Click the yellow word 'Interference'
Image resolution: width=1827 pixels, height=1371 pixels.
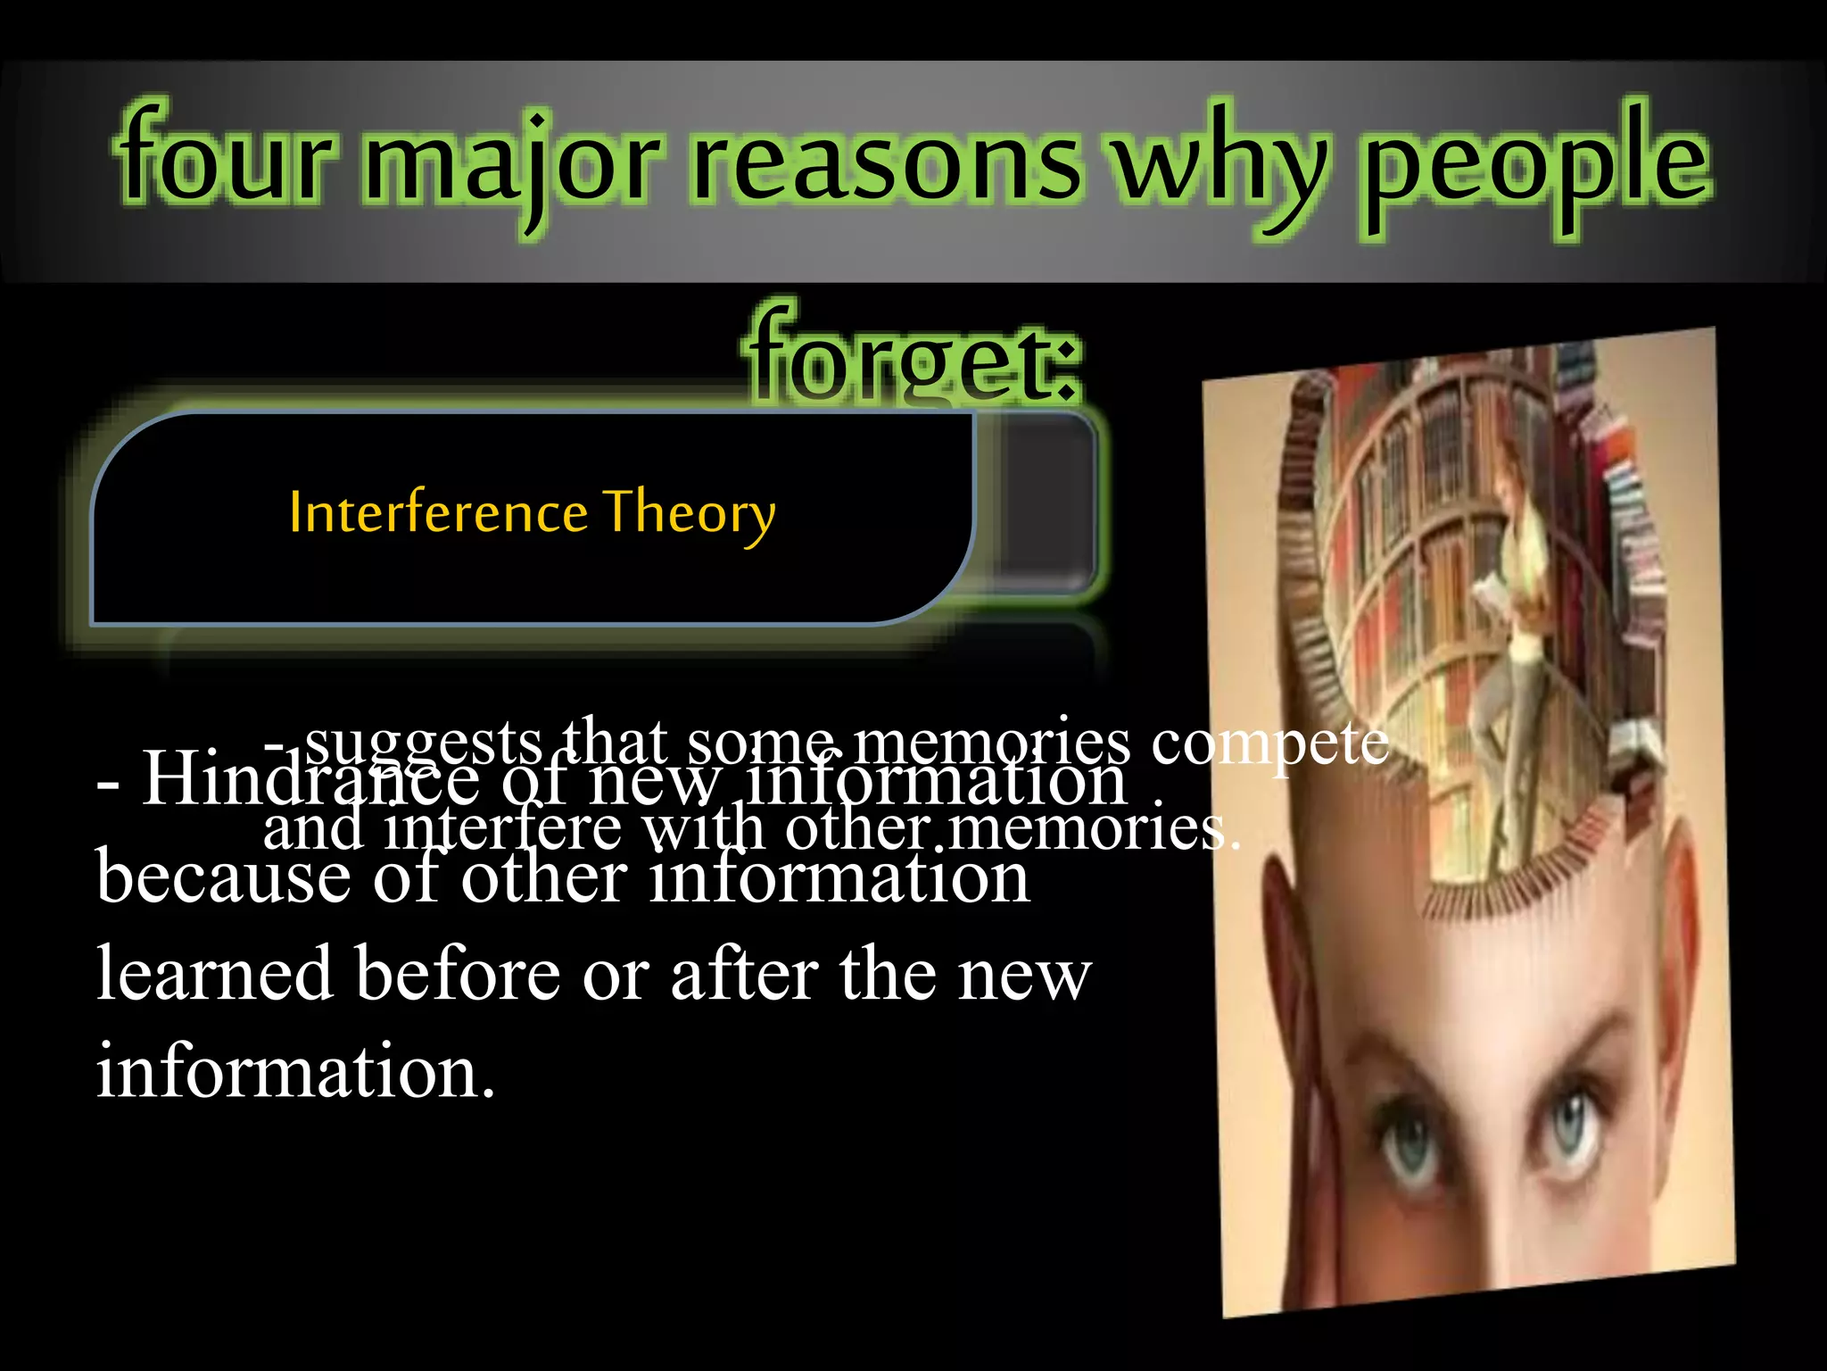[x=438, y=513]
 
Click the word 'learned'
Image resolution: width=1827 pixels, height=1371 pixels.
[x=214, y=974]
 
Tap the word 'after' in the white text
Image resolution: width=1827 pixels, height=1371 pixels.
[x=744, y=974]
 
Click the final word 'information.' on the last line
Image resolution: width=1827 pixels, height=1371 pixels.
[x=294, y=1070]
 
